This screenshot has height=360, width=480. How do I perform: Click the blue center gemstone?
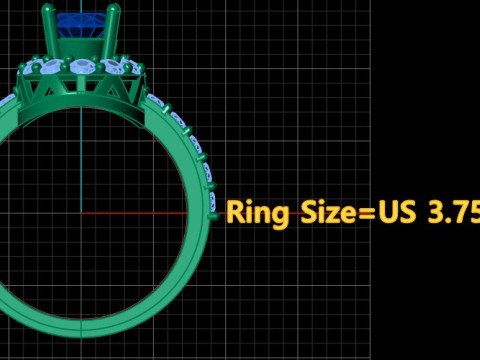click(81, 25)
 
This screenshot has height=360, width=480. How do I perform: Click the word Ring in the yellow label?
click(257, 213)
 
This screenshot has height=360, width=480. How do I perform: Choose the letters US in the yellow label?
click(397, 212)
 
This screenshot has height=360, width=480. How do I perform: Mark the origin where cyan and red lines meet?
click(81, 213)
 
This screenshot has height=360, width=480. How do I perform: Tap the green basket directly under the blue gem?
click(81, 48)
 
